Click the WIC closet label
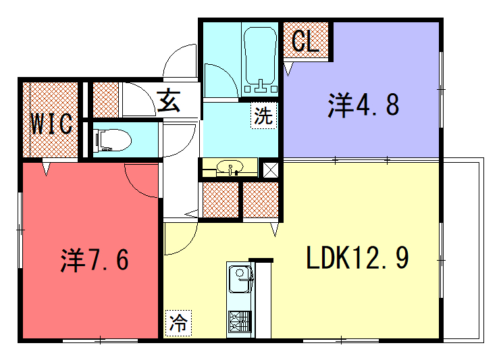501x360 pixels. (51, 124)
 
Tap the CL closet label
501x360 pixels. (306, 41)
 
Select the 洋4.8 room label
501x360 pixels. (363, 105)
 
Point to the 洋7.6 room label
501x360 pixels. (95, 260)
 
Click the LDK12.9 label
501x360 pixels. (357, 257)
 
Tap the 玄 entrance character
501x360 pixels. (169, 101)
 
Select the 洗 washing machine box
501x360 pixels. (263, 115)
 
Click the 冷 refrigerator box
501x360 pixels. (179, 324)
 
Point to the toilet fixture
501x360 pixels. (113, 140)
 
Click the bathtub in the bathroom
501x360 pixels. (260, 59)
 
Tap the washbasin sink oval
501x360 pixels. (230, 166)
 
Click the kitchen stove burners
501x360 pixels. (240, 322)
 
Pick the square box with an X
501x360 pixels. (270, 170)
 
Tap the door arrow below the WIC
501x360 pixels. (47, 169)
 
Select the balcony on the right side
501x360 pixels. (462, 251)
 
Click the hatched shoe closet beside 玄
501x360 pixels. (106, 100)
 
